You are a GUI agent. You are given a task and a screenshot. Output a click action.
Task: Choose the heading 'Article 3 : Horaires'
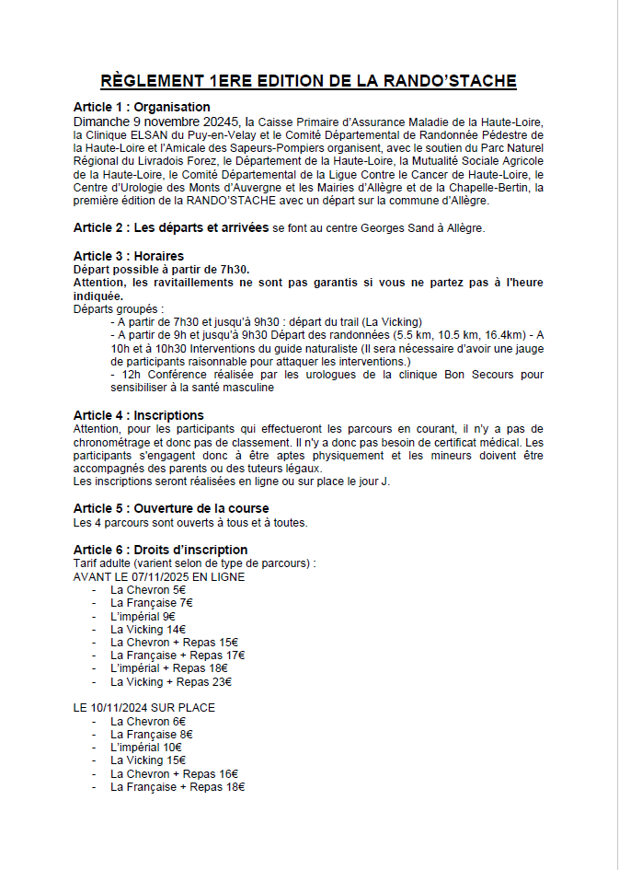pyautogui.click(x=129, y=255)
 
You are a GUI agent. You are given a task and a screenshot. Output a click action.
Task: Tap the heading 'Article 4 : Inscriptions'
pyautogui.click(x=139, y=415)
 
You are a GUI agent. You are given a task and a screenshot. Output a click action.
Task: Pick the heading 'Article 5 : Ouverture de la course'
pyautogui.click(x=171, y=509)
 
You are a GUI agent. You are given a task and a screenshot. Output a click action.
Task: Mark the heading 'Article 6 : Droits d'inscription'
pyautogui.click(x=161, y=550)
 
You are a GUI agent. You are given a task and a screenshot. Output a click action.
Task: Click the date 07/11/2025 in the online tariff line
pyautogui.click(x=162, y=576)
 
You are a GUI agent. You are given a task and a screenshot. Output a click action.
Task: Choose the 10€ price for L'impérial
pyautogui.click(x=171, y=748)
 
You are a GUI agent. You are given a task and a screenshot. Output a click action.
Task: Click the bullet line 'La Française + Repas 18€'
pyautogui.click(x=178, y=788)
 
